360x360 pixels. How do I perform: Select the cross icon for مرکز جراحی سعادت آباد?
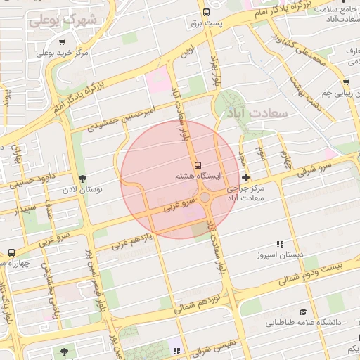pos(245,176)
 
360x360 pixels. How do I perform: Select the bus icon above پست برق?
pos(205,11)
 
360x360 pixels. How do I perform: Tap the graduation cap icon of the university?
pos(303,311)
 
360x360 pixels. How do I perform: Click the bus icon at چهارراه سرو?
pos(11,252)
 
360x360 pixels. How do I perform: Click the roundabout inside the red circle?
pos(205,198)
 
